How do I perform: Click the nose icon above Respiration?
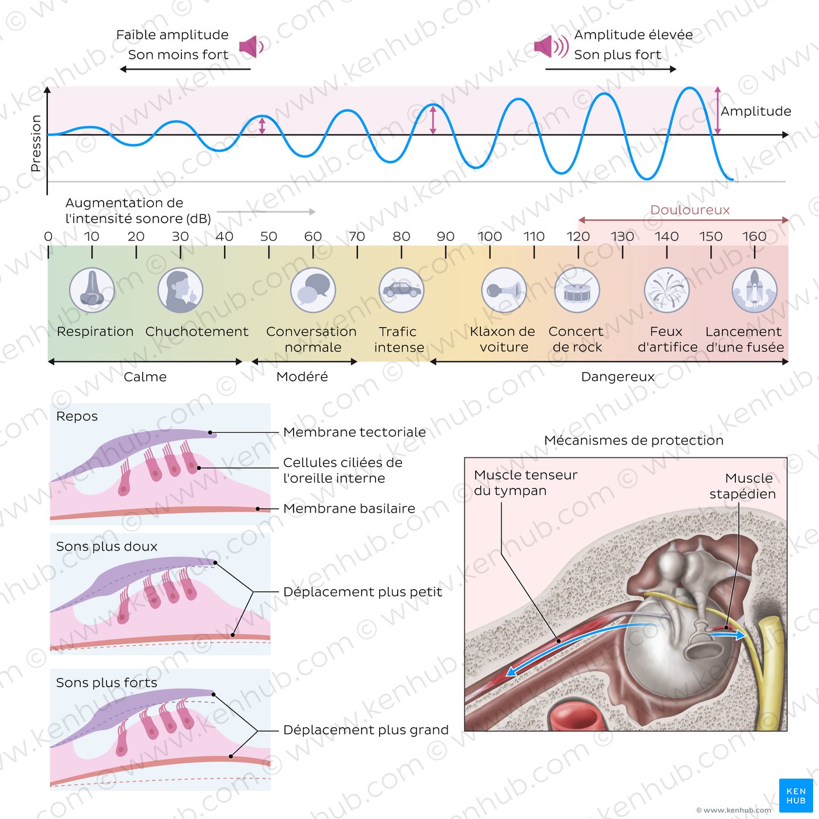(92, 290)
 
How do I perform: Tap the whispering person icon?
(180, 290)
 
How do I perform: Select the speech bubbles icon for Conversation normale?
(313, 290)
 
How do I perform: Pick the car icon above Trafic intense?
(402, 290)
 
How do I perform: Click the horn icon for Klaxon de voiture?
(504, 290)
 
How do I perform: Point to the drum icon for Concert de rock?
(577, 290)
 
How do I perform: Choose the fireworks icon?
(667, 290)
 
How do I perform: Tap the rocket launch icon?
(755, 290)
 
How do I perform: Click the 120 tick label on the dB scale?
(578, 236)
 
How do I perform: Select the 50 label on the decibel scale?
(269, 236)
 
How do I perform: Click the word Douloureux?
(690, 210)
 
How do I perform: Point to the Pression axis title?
(36, 143)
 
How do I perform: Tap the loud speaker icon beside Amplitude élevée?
(551, 46)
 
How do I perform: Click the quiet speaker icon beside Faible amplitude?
(252, 46)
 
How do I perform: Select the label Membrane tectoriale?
(355, 432)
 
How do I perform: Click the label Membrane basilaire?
(349, 508)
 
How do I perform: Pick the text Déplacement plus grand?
(366, 730)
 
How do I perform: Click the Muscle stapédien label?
(742, 486)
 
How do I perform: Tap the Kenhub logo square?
(796, 796)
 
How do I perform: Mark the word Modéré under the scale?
(302, 377)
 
